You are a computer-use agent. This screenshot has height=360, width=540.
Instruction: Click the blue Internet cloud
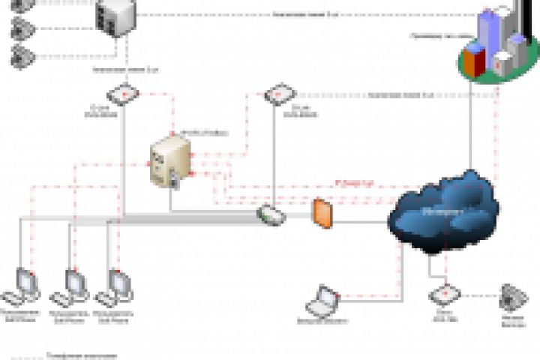point(444,212)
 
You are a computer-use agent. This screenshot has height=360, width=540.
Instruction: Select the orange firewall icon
point(321,213)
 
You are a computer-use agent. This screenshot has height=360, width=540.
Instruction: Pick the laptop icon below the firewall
point(325,300)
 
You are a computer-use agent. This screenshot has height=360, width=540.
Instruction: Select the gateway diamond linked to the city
point(275,96)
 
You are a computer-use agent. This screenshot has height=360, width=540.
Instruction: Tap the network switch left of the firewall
point(270,214)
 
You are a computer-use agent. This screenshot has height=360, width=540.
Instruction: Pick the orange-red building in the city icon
point(474,59)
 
